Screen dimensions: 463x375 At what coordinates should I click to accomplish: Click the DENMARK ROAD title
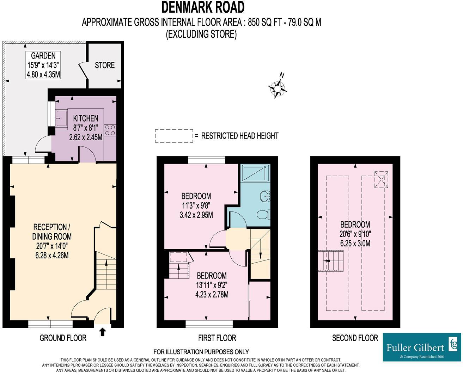203,7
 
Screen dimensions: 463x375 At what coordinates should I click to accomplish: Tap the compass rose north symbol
278,88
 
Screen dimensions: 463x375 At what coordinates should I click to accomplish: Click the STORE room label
105,65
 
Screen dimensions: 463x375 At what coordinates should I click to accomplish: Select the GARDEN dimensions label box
43,65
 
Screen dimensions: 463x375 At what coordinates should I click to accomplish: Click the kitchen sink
61,119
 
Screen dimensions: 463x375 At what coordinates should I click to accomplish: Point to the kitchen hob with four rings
110,130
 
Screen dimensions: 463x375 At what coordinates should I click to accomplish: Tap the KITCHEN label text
86,118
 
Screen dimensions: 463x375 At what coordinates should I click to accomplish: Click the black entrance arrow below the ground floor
103,332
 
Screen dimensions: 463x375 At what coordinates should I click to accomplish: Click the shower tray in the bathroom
256,173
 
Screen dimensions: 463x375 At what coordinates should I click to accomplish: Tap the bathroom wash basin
265,196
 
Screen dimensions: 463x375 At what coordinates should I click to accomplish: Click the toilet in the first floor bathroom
263,215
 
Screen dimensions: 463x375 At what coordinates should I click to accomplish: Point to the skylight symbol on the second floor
381,179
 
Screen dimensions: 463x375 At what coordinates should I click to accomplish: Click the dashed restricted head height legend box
174,136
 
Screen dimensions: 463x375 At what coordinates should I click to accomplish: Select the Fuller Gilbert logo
422,347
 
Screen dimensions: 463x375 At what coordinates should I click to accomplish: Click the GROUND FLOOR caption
63,338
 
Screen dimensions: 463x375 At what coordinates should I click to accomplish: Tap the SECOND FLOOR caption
355,338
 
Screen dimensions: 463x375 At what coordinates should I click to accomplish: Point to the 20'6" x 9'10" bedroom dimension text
355,234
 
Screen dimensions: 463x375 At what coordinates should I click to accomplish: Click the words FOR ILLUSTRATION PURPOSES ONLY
201,351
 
